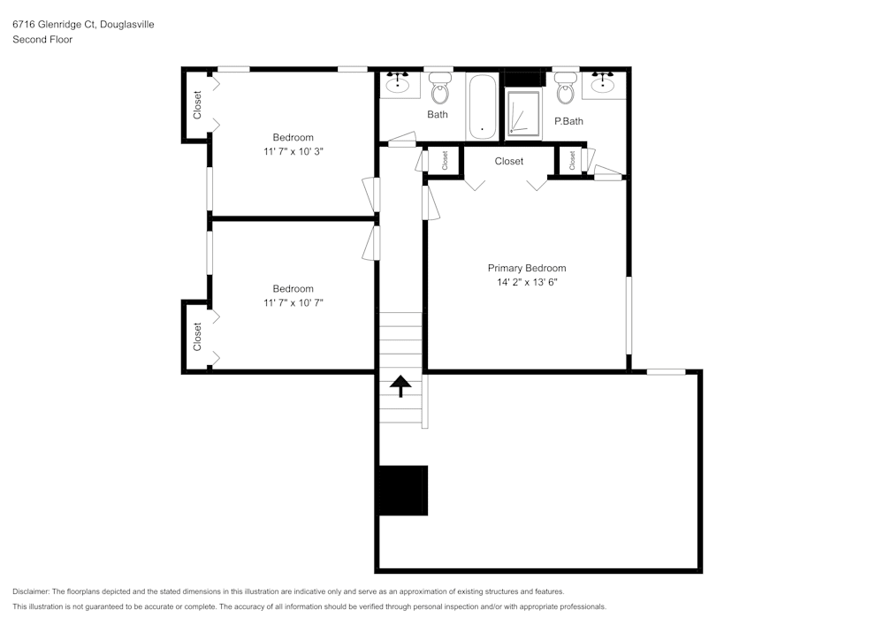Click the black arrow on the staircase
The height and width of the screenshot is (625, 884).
tap(401, 385)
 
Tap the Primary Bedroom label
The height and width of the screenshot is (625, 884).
tap(527, 268)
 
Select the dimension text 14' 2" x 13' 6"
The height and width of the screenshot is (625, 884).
tap(527, 283)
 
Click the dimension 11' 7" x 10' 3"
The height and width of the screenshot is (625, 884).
tap(293, 152)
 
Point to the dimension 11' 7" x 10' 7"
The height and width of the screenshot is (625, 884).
tap(293, 303)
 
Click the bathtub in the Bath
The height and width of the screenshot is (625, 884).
tap(482, 106)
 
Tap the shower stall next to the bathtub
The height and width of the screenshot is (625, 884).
tap(523, 113)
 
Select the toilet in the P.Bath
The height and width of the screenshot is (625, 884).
tap(566, 89)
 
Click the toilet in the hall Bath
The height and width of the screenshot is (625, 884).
tap(439, 89)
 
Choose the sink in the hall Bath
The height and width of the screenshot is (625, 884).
tap(399, 84)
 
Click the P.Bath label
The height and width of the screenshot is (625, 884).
tap(568, 121)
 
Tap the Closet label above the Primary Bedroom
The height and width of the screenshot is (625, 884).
tap(509, 161)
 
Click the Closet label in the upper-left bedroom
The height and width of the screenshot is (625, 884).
tap(197, 105)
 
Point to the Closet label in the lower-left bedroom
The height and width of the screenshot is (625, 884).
tap(197, 336)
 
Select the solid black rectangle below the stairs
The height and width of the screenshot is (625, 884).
tap(402, 490)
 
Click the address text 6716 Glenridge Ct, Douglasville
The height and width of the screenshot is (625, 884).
tap(83, 25)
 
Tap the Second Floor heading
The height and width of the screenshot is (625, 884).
tap(42, 40)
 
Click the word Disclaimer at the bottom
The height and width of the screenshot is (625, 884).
tap(31, 591)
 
